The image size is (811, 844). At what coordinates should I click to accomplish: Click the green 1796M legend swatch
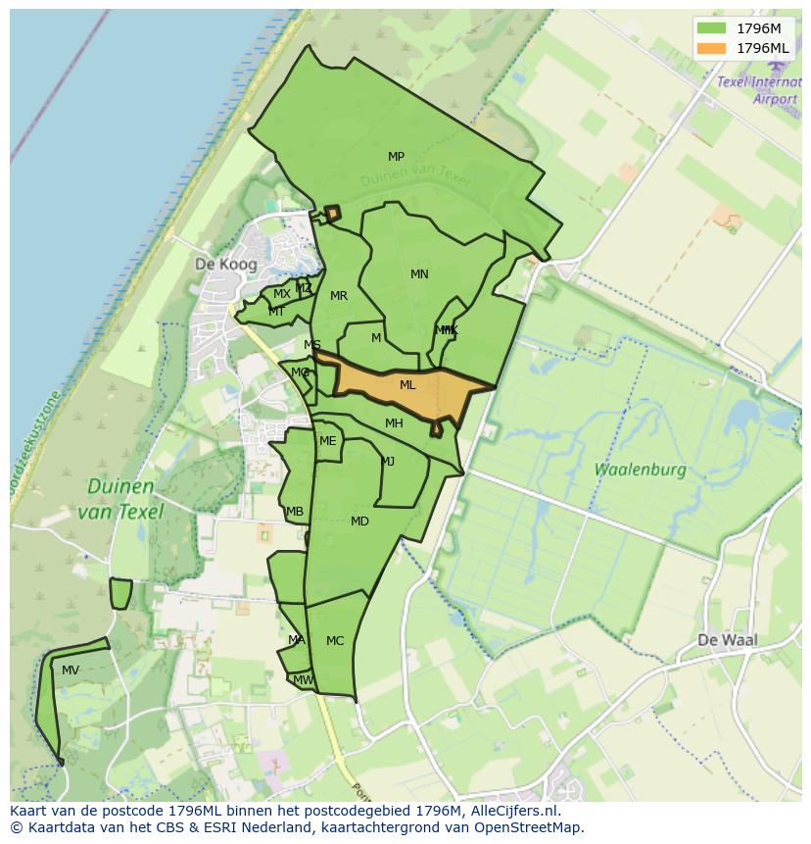[x=713, y=28]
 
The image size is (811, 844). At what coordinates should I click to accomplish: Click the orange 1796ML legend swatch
[x=713, y=48]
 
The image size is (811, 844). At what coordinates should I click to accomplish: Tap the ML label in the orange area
[x=407, y=385]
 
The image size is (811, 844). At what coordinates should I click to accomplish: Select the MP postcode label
[x=396, y=157]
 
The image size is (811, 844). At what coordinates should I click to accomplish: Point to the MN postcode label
[x=419, y=274]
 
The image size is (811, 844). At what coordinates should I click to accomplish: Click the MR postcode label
[x=339, y=296]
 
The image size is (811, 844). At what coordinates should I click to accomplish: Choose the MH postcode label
[x=394, y=423]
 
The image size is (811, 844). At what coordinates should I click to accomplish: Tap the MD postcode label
[x=359, y=521]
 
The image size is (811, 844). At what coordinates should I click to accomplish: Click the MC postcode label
[x=335, y=641]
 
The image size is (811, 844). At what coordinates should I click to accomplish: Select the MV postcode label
[x=71, y=670]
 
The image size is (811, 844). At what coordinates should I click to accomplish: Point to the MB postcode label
[x=295, y=512]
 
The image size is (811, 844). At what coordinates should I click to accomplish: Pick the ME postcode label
[x=327, y=441]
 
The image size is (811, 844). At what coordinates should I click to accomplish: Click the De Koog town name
[x=225, y=265]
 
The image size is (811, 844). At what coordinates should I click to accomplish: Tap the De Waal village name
[x=728, y=640]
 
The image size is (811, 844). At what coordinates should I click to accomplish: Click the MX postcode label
[x=281, y=294]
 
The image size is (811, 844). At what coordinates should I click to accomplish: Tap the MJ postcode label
[x=388, y=462]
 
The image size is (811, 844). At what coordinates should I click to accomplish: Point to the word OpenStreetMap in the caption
[x=525, y=827]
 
